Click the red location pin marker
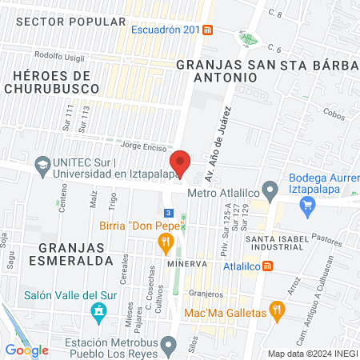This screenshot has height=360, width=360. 180,162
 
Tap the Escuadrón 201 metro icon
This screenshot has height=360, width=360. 208,30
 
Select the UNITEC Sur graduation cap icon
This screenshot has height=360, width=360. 41,166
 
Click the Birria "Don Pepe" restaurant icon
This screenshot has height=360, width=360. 166,241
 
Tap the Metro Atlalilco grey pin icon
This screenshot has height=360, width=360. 270,192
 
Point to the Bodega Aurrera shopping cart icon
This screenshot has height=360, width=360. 307,206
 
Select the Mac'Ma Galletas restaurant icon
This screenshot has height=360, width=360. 277,310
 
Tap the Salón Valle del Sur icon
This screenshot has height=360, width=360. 99,310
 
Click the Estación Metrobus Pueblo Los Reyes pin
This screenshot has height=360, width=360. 168,346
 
